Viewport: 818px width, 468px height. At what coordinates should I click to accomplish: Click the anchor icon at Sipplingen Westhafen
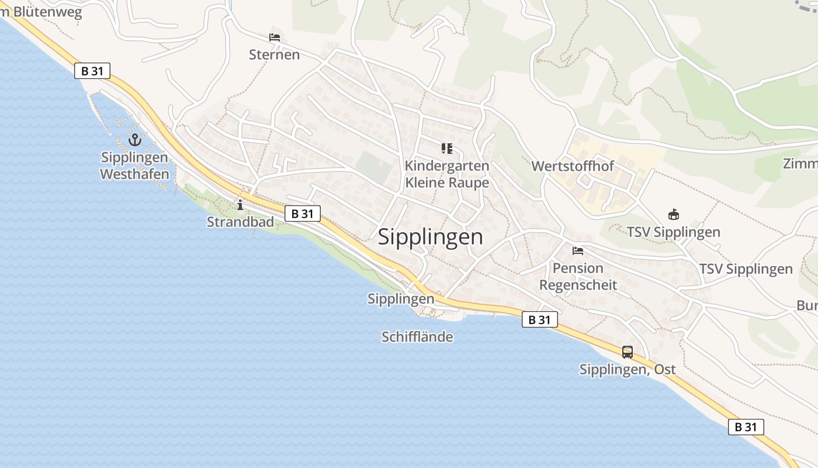135,140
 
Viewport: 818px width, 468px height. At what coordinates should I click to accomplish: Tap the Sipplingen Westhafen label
134,166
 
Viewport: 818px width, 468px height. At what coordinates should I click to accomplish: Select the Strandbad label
240,222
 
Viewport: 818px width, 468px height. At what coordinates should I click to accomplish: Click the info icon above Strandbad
240,205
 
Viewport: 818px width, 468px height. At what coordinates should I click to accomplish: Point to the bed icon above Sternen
275,37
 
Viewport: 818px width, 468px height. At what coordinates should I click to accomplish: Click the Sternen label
274,54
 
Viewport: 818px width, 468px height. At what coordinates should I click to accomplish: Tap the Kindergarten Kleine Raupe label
447,174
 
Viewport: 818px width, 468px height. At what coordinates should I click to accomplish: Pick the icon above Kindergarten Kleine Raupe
447,148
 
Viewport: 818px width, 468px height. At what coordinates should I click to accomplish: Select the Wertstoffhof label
572,166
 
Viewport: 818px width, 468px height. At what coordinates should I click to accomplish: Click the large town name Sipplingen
431,237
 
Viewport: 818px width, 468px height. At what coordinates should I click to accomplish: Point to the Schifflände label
417,336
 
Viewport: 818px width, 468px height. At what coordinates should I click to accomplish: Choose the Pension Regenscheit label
578,276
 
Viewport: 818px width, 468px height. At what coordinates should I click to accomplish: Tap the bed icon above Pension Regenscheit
578,251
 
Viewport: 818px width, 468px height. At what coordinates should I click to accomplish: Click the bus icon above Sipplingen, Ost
628,352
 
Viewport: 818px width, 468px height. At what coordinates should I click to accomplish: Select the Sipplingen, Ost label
628,369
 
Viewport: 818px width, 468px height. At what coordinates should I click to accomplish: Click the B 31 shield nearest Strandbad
303,214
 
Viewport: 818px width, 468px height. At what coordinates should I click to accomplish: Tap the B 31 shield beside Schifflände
539,319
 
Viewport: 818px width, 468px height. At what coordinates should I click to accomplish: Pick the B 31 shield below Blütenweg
92,71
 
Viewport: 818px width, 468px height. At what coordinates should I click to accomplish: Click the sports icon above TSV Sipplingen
674,215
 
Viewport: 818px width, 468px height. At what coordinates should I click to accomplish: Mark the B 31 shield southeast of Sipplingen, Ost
746,427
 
